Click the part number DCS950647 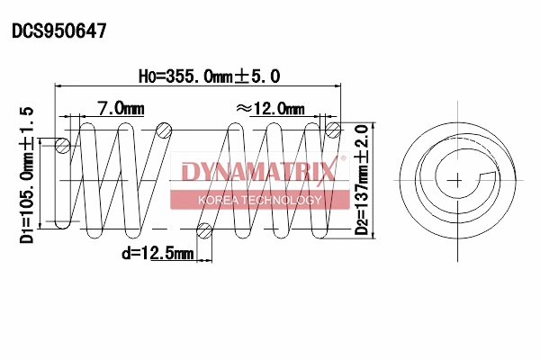point(59,31)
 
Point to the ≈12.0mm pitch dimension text point(269,108)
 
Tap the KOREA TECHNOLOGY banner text point(259,199)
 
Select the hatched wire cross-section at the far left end point(61,145)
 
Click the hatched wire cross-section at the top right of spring point(332,130)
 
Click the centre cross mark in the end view point(458,180)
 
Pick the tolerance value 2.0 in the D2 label point(362,137)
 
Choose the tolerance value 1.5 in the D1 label point(27,121)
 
